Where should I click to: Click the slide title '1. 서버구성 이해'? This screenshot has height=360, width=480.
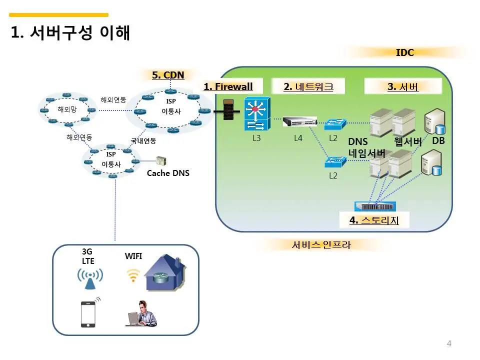[x=70, y=32]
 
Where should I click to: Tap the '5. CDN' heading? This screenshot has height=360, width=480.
[x=168, y=75]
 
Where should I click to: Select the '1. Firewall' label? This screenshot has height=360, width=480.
[x=228, y=86]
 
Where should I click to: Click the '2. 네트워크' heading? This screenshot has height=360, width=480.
[x=308, y=86]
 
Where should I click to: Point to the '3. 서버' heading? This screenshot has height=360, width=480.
[x=403, y=86]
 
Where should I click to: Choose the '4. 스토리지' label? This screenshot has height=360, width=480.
[x=374, y=220]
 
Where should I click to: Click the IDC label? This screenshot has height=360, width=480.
[x=404, y=52]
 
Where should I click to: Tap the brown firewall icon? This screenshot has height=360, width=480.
[x=228, y=109]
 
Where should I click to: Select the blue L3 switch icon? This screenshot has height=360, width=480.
[x=257, y=114]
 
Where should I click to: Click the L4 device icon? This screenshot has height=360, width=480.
[x=299, y=121]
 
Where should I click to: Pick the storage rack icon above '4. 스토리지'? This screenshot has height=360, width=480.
[x=375, y=206]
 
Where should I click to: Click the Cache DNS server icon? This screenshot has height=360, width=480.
[x=161, y=160]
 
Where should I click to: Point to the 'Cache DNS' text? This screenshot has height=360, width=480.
[x=168, y=173]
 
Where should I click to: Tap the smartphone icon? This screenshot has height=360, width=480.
[x=88, y=314]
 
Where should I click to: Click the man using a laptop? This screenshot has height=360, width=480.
[x=141, y=313]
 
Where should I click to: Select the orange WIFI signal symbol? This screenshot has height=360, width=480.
[x=133, y=275]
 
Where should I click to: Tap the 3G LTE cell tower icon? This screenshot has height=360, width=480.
[x=90, y=278]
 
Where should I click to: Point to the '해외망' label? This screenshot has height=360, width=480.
[x=67, y=109]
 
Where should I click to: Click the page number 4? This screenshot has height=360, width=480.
[x=449, y=343]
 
